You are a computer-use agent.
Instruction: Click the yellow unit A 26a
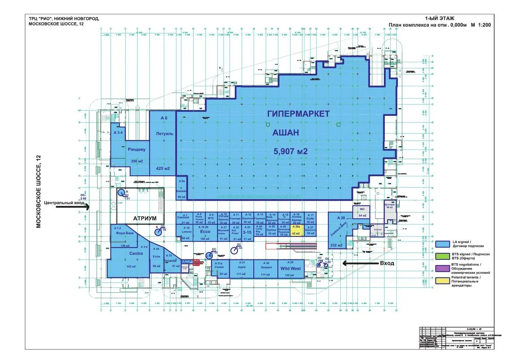point(296,230)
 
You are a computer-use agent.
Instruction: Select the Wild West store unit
point(290,269)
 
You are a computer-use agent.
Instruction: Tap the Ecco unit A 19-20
point(205,232)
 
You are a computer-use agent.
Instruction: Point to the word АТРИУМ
point(145,218)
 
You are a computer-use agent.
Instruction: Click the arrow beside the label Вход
point(359,263)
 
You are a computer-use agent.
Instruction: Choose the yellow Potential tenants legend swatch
point(442,281)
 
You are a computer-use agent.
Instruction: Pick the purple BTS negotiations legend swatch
point(442,268)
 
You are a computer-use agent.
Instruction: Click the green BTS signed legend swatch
point(442,256)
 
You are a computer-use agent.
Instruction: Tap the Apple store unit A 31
point(241,269)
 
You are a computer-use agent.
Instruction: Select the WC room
point(362,212)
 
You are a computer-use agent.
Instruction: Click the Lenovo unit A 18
point(186,232)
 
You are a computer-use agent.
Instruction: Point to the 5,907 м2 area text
point(290,151)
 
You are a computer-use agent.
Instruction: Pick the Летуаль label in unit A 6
point(165,134)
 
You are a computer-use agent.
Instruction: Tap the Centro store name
point(136,254)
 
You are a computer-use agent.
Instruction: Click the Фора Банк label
point(125,233)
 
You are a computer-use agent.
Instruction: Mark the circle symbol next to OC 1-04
point(234,251)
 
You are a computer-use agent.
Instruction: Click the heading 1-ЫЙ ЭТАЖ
point(439,19)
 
